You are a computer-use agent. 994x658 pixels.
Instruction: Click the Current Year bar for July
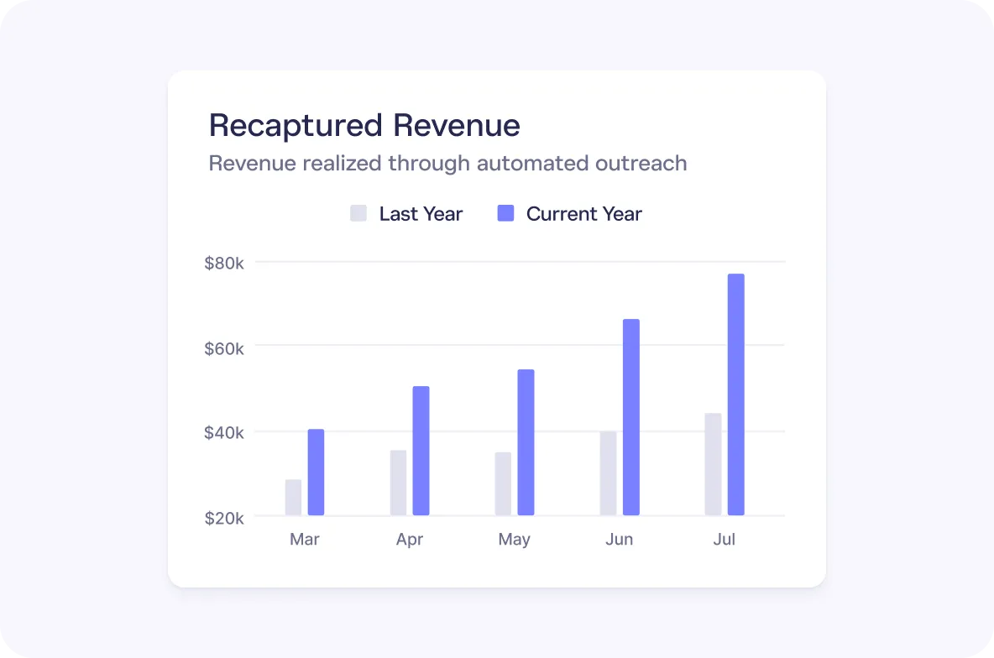click(x=735, y=394)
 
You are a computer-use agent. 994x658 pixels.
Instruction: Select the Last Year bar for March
click(x=293, y=498)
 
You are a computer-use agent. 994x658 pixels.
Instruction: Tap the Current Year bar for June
click(x=630, y=417)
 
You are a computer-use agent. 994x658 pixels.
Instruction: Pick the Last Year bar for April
click(x=398, y=483)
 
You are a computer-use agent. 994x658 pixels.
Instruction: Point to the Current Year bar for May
click(x=526, y=442)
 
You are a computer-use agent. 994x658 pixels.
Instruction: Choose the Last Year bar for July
click(x=713, y=464)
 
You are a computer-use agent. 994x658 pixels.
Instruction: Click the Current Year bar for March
click(x=316, y=473)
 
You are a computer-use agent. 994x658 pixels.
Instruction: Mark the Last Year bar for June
click(x=608, y=473)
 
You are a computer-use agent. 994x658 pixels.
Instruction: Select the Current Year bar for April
click(x=421, y=451)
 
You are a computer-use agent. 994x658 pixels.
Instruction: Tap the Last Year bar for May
click(x=503, y=483)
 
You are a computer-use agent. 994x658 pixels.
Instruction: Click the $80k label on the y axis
click(x=224, y=264)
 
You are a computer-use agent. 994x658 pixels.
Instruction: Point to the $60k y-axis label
click(x=224, y=347)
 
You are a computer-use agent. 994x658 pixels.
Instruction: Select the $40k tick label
click(x=224, y=433)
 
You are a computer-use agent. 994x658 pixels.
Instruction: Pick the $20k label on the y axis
click(x=224, y=518)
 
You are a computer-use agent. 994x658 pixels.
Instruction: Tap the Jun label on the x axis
click(x=619, y=539)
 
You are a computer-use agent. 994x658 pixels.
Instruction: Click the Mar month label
click(x=304, y=539)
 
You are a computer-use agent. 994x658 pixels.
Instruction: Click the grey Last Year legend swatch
click(x=358, y=213)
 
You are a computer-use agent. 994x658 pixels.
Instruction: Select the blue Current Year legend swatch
click(x=505, y=213)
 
